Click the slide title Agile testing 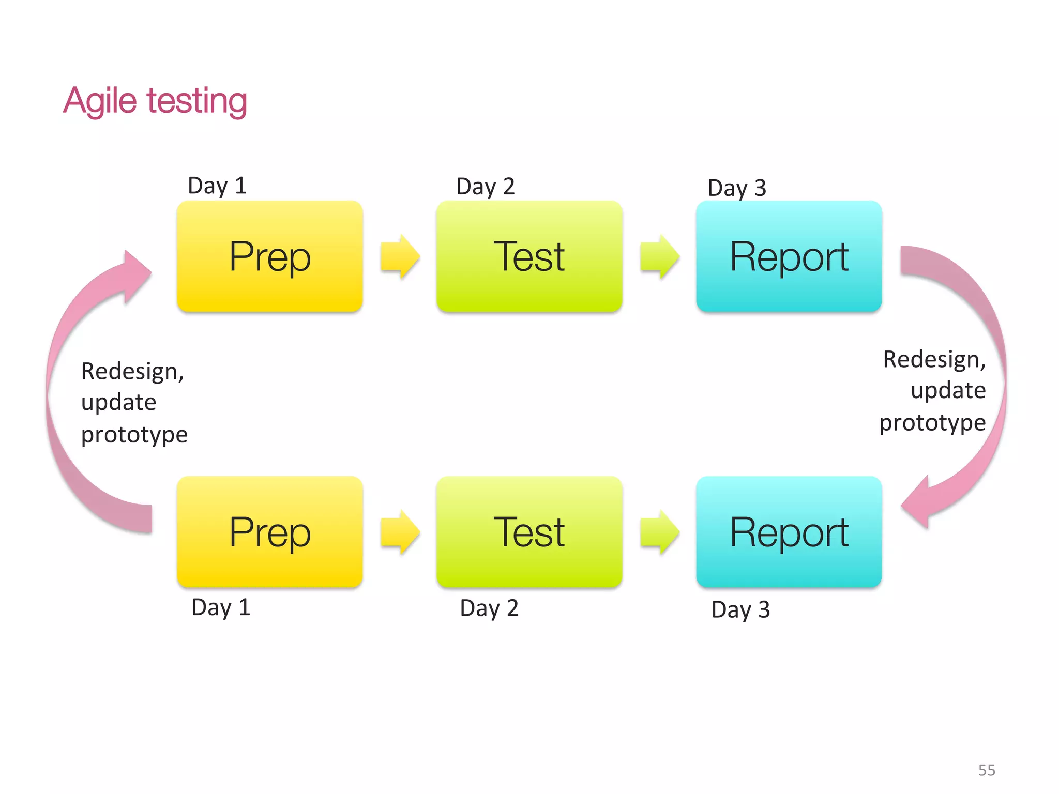tap(155, 101)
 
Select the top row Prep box tap(269, 256)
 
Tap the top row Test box tap(529, 256)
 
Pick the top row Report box tap(789, 256)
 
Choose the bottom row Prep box tap(269, 532)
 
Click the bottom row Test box tap(529, 532)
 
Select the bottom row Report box tap(789, 532)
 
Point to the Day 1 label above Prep tap(217, 186)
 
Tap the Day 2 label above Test tap(485, 187)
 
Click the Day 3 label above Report tap(736, 188)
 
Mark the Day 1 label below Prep tap(221, 607)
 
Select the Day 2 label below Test tap(489, 608)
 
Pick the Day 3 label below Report tap(740, 610)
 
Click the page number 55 tap(987, 770)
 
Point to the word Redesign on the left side tap(132, 372)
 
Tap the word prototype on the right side tap(932, 423)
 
